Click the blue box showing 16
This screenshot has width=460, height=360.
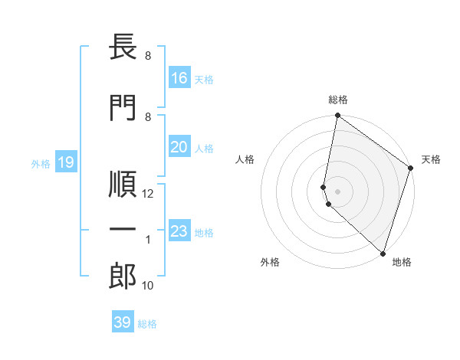[x=179, y=78]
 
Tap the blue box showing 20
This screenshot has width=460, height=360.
[x=179, y=147]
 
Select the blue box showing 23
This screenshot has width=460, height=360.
[x=179, y=231]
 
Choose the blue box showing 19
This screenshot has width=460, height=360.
[x=65, y=162]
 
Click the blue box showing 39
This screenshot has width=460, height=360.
[x=122, y=323]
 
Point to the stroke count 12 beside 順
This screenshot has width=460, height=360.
[x=149, y=194]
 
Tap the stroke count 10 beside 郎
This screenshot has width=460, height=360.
[x=148, y=286]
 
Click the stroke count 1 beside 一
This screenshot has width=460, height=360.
[x=149, y=240]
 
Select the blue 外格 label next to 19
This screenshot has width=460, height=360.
[x=41, y=163]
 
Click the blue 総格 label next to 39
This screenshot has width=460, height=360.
[x=147, y=324]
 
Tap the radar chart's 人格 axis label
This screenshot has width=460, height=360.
[x=245, y=159]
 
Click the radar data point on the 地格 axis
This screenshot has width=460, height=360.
[x=383, y=254]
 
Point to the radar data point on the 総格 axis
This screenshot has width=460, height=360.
[x=337, y=116]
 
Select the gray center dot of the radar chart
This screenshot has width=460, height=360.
[x=337, y=190]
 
